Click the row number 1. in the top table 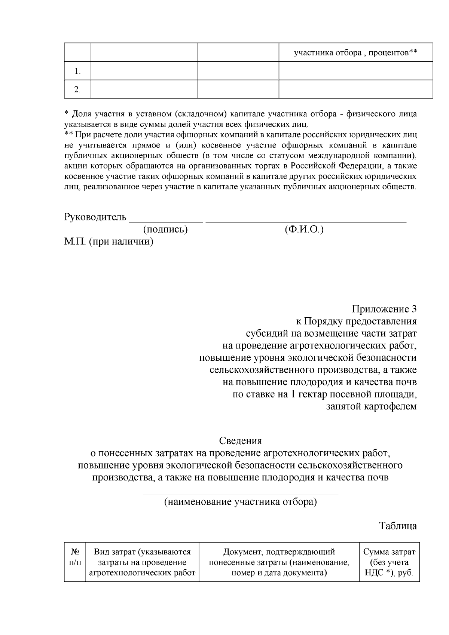(x=77, y=71)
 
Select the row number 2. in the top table (x=77, y=89)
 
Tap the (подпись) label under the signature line (x=165, y=229)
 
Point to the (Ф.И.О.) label (x=304, y=229)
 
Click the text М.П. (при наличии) (x=109, y=242)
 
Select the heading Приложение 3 (x=384, y=309)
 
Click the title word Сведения (x=241, y=441)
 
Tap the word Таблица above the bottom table (x=398, y=526)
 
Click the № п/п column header (x=75, y=557)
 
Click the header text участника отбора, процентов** (x=355, y=52)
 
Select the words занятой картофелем (x=372, y=406)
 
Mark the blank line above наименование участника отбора (x=241, y=494)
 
